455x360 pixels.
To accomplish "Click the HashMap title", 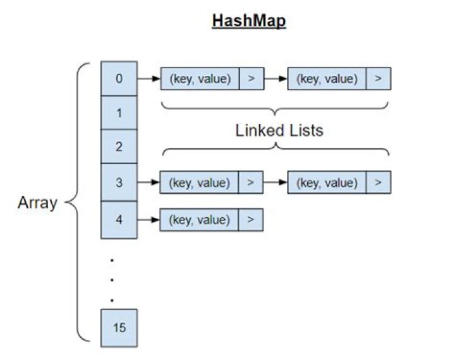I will click(249, 21).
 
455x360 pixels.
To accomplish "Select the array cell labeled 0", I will click(119, 79).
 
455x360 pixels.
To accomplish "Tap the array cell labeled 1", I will click(119, 113).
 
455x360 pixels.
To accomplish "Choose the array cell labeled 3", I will click(119, 183).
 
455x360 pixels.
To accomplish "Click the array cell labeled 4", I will click(119, 220).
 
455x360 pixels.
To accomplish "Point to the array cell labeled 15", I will click(119, 328).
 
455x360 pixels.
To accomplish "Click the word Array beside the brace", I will click(37, 203).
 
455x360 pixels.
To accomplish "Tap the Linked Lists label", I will click(279, 131).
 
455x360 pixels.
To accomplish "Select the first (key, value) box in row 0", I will click(200, 79).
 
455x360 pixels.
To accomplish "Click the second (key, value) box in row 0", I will click(326, 79).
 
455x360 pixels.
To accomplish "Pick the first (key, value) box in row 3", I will click(200, 183).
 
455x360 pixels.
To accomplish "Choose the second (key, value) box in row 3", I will click(326, 183).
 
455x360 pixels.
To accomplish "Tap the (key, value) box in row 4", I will click(200, 220).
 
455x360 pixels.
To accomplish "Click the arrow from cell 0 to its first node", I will click(149, 79).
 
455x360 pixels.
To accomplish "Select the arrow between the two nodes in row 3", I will click(276, 183).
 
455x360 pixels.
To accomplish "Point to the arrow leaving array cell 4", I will click(149, 220).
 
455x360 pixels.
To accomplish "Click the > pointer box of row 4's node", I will click(251, 220).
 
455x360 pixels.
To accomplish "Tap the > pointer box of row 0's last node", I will click(378, 79).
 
